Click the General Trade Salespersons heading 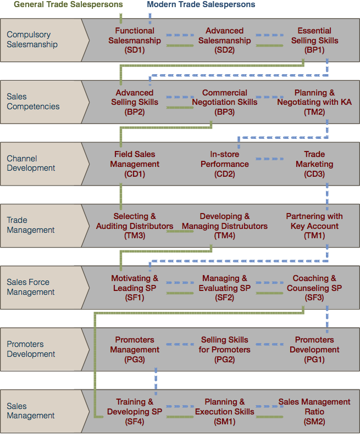pos(68,4)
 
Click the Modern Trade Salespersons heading pos(201,4)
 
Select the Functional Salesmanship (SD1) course pos(135,40)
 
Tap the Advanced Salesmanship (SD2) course pos(224,40)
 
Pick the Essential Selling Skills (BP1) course pos(314,40)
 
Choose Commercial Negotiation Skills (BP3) pos(224,102)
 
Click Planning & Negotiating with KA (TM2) pos(314,102)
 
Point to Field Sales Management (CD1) pos(135,164)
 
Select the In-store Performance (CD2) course pos(224,164)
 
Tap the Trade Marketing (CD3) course pos(314,164)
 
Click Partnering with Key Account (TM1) pos(314,226)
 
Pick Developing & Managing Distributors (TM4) pos(224,226)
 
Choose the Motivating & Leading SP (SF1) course pos(135,288)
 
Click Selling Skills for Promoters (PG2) pos(224,350)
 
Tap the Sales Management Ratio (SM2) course pos(314,411)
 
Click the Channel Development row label pos(31,164)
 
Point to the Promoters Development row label pos(31,349)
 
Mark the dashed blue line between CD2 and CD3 pos(270,159)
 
